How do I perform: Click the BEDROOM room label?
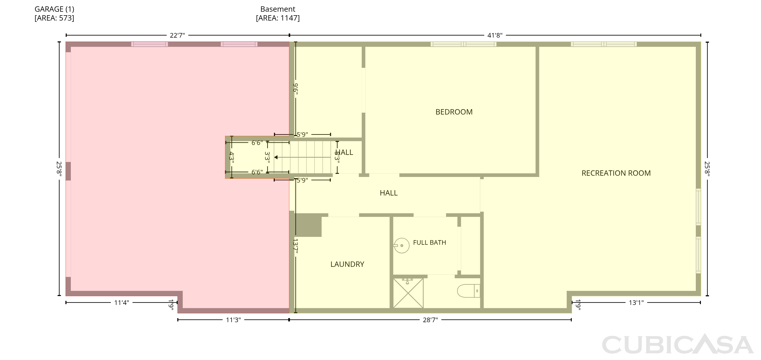(454, 112)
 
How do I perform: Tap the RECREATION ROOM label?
(616, 173)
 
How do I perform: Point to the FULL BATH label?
(429, 243)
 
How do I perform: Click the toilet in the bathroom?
(469, 291)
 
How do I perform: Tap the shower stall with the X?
(408, 293)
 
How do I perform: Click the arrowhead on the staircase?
(276, 157)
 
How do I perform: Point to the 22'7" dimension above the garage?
(177, 36)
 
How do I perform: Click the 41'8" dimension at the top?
(495, 36)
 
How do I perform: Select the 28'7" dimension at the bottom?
(430, 320)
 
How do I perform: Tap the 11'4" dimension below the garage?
(122, 303)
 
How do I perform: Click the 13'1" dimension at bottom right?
(636, 303)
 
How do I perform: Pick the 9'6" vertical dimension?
(296, 89)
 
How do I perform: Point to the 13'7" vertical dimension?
(296, 246)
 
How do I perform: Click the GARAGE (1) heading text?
(54, 9)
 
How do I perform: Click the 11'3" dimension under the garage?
(233, 320)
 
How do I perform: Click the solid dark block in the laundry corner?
(308, 225)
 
